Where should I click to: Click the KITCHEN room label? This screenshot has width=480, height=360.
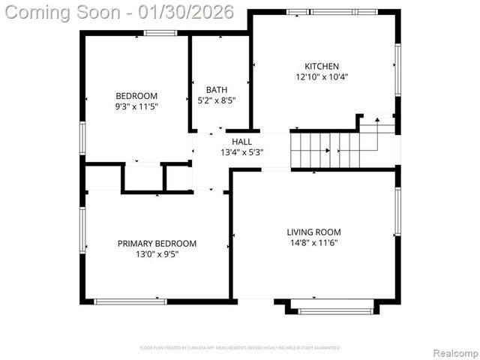[x=321, y=66]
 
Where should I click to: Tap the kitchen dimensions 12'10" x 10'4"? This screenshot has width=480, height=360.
[x=321, y=77]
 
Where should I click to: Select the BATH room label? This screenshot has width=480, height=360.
[x=217, y=90]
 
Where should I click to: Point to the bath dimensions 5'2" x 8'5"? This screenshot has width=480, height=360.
[x=217, y=100]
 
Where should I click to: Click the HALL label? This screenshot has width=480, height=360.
[x=241, y=141]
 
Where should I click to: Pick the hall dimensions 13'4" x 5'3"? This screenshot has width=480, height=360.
[x=241, y=152]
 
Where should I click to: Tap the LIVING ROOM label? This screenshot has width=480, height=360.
[x=313, y=232]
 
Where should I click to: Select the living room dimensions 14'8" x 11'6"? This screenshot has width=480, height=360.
[x=313, y=243]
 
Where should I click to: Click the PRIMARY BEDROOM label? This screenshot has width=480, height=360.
[x=157, y=243]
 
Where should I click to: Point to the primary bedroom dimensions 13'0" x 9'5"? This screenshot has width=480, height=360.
[x=157, y=254]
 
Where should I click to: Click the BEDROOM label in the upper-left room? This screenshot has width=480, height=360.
[x=136, y=95]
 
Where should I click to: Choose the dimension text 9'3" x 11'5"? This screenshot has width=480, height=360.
[x=136, y=106]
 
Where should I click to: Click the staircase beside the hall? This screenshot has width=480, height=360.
[x=330, y=148]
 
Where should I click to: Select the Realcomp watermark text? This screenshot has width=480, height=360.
[x=453, y=352]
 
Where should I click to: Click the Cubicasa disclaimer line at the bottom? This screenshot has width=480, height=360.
[x=240, y=348]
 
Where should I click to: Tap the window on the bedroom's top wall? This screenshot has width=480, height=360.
[x=160, y=33]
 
